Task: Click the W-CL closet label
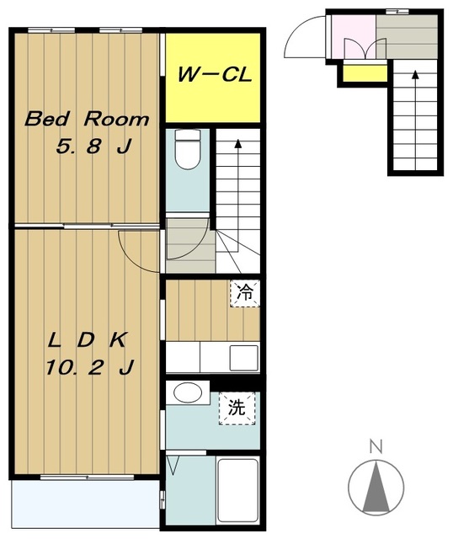[215, 74]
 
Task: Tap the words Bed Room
[87, 119]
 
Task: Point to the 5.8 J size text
[93, 147]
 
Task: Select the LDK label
[88, 340]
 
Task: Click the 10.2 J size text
[89, 367]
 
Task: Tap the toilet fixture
[187, 149]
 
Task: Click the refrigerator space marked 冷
[245, 294]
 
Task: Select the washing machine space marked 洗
[237, 408]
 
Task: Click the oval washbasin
[187, 392]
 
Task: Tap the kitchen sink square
[243, 357]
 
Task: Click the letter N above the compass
[376, 446]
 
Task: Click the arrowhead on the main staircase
[237, 143]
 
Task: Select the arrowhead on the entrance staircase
[415, 74]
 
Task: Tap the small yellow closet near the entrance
[365, 73]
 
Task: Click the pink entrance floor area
[353, 36]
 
